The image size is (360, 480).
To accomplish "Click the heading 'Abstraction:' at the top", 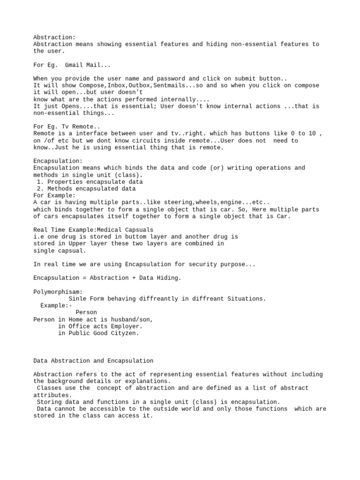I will click(54, 37).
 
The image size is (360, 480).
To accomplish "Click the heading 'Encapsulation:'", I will click(58, 161).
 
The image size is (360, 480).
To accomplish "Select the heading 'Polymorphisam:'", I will click(58, 292).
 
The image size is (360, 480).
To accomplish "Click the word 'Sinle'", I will click(77, 299).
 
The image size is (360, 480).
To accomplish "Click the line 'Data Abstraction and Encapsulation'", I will click(93, 360).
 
